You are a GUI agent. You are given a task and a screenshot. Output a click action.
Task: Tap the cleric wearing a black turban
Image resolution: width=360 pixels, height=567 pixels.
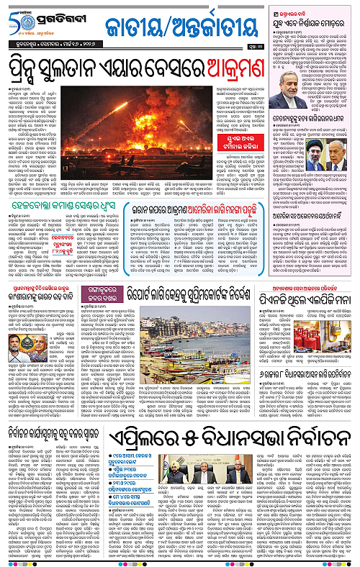coord(298,155)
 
